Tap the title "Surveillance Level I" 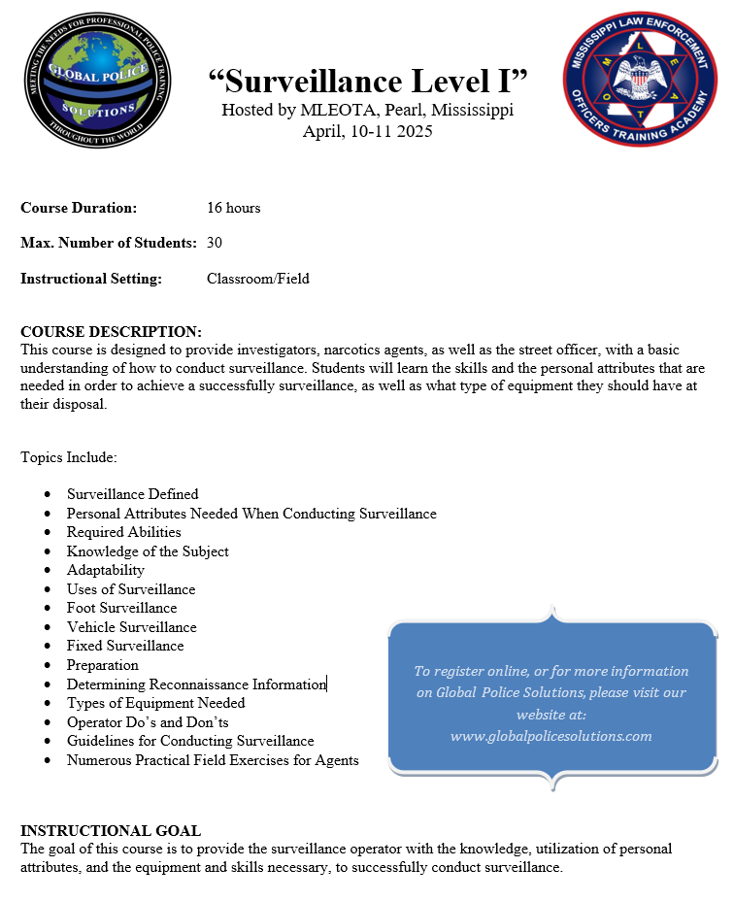[x=368, y=81]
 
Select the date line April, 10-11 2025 [x=368, y=131]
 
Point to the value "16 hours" [x=233, y=208]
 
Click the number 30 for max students [x=215, y=242]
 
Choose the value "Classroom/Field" [x=258, y=279]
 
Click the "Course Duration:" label [x=79, y=208]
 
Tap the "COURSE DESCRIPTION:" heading [x=111, y=332]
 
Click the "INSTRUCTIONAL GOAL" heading [x=111, y=831]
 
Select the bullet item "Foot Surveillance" [x=121, y=608]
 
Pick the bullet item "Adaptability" [x=105, y=570]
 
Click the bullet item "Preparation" [x=102, y=665]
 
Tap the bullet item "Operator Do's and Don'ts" [x=148, y=722]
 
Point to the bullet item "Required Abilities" [x=123, y=532]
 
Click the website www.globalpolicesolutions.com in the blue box [x=550, y=735]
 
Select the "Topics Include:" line [x=68, y=456]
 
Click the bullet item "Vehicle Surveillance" [x=131, y=627]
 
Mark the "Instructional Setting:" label [x=90, y=279]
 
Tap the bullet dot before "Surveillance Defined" [x=47, y=494]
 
